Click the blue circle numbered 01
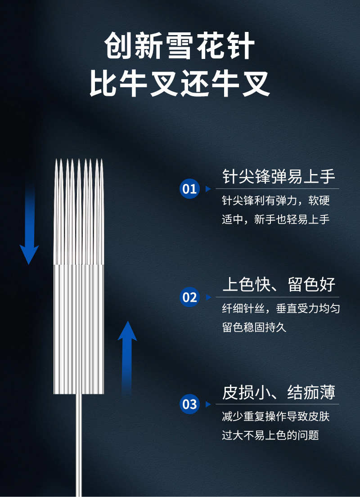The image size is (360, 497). coord(189,188)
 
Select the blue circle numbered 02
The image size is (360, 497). coord(189,297)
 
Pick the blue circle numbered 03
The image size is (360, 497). coord(189,404)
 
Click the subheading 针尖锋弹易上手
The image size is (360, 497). coord(279,176)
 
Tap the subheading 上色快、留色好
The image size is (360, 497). coord(279,285)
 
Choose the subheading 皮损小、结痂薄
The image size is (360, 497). coord(279,392)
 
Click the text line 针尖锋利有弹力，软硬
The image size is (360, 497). coord(275,201)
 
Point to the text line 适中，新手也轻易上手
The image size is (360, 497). coord(275,219)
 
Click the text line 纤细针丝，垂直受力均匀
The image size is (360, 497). coord(281,309)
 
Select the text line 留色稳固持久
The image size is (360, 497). coord(254,327)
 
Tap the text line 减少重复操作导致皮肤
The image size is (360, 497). coord(275,416)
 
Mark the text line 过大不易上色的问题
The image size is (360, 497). coord(270,435)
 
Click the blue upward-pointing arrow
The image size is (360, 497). coord(127,355)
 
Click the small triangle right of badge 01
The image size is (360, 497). coord(208,189)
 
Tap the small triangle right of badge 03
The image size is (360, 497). coord(208,404)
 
